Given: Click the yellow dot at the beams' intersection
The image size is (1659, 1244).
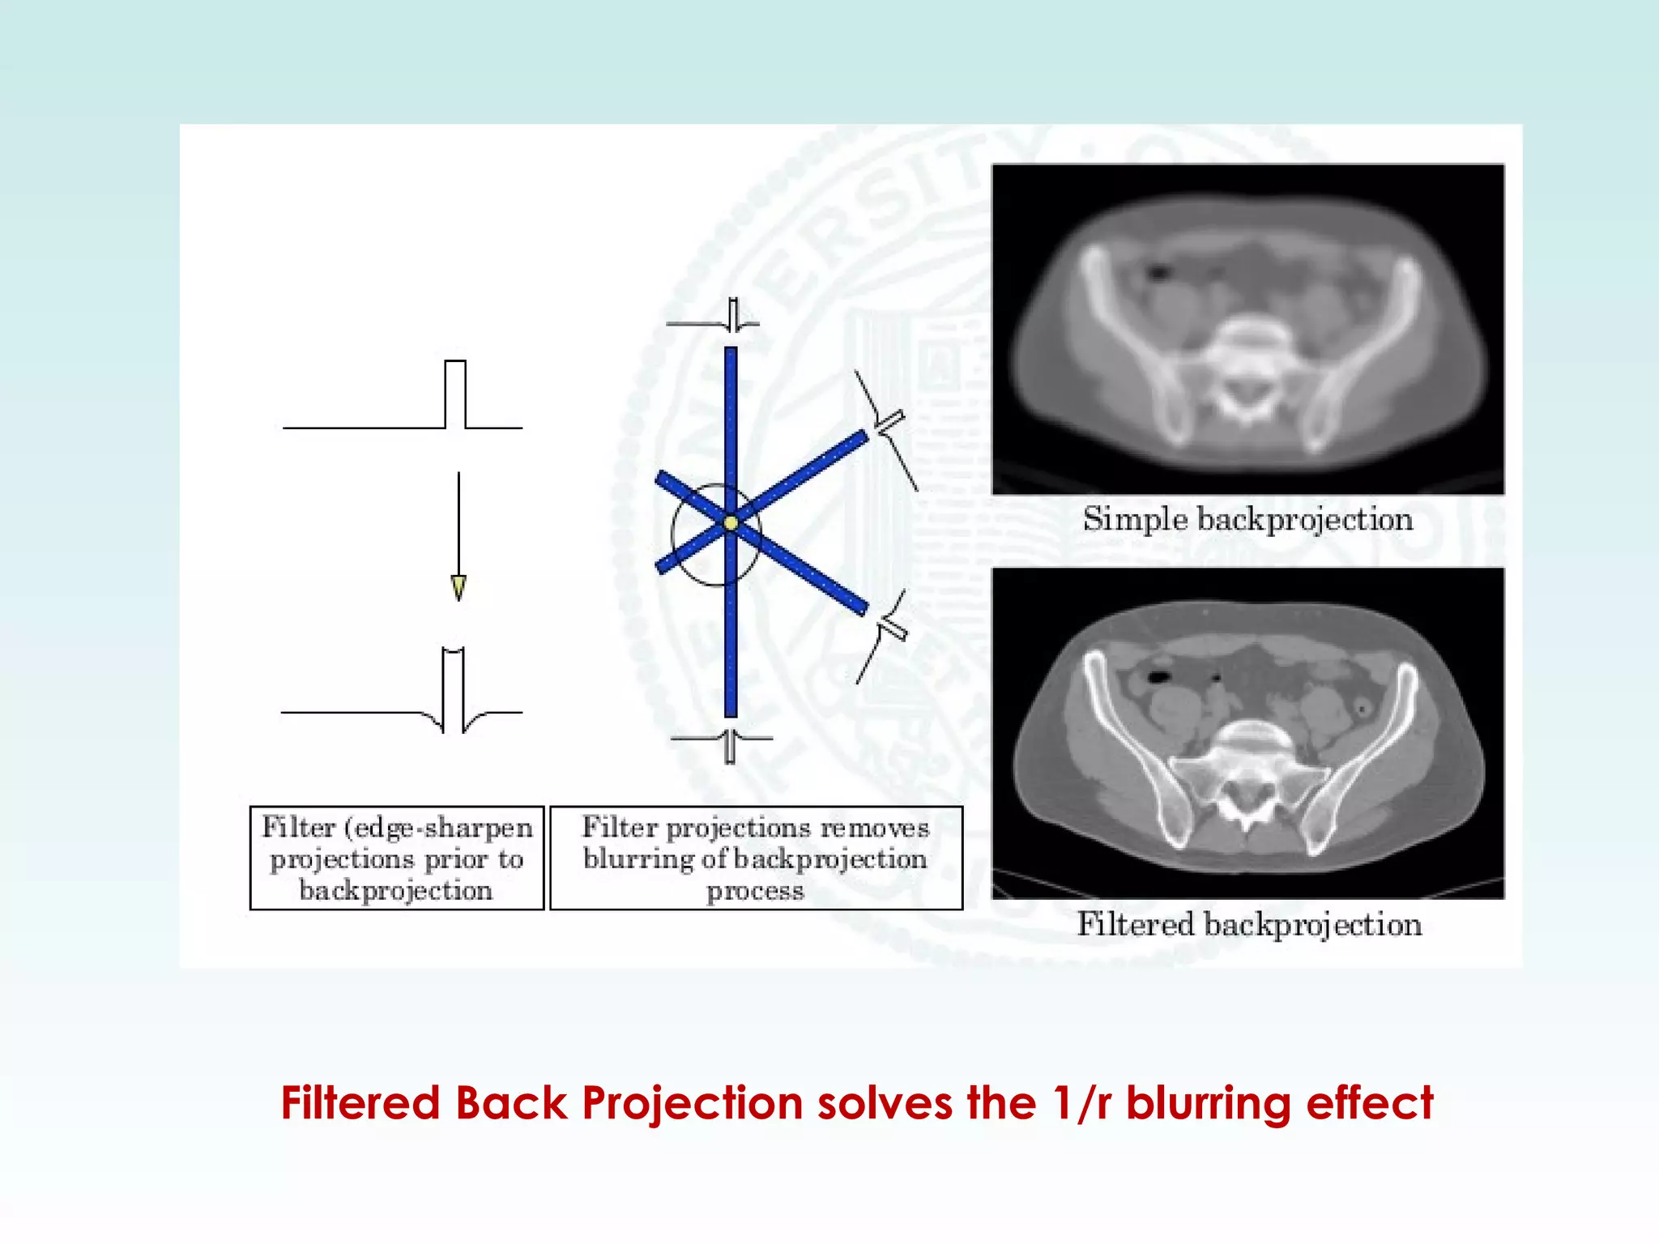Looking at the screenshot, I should [731, 523].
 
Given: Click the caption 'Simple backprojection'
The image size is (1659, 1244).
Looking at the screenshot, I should [1247, 519].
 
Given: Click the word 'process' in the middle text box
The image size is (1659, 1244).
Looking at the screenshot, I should [755, 891].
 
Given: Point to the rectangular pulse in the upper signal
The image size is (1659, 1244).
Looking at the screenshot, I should [455, 394].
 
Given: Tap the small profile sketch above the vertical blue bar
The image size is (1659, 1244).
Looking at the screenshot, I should [732, 315].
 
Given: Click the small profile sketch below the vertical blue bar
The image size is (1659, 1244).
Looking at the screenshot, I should [730, 745].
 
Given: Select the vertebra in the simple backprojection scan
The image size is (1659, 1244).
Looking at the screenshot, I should [1248, 356].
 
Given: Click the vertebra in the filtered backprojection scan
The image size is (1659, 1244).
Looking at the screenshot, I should [1248, 761].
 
